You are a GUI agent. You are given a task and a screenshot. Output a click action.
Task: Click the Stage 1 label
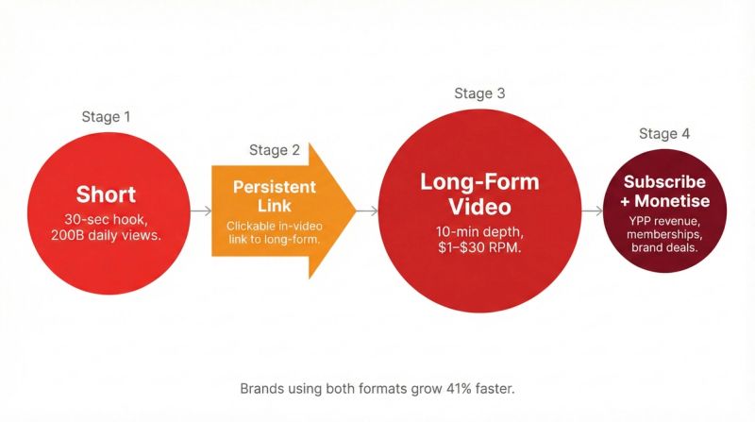(106, 117)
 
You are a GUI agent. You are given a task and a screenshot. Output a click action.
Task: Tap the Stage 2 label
(275, 150)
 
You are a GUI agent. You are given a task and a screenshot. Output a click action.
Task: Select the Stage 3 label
(479, 93)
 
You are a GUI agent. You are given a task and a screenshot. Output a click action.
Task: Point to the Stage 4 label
(663, 134)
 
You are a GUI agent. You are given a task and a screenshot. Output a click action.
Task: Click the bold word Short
(106, 194)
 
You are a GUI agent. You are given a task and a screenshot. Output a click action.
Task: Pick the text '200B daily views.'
(106, 236)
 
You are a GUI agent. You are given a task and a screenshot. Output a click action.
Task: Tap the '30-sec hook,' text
(106, 219)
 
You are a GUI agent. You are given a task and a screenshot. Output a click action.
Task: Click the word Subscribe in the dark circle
(663, 181)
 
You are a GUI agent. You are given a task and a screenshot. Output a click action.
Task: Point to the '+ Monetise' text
(663, 200)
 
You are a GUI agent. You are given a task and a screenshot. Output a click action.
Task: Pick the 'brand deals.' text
(663, 247)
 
